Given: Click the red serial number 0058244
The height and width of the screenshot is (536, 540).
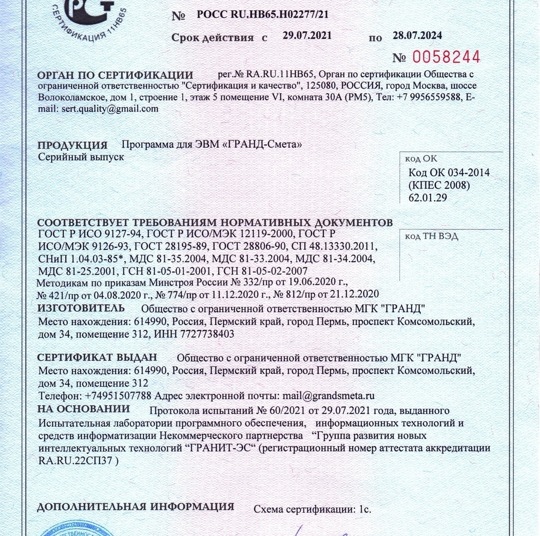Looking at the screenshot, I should (445, 57).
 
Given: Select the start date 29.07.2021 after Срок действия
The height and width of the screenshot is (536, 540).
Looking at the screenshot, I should (307, 36).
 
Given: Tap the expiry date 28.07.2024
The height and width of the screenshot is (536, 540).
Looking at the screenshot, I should (417, 36).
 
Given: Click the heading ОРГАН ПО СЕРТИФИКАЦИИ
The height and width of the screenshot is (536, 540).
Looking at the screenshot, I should (115, 75).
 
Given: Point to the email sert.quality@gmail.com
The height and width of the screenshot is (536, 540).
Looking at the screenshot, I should (110, 109).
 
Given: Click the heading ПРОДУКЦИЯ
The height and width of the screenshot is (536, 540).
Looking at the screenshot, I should (72, 145).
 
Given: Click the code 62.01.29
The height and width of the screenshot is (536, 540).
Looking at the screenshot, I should (428, 197).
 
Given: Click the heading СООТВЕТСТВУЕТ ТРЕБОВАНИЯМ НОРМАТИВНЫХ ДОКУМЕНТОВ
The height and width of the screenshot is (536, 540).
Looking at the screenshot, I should (216, 223).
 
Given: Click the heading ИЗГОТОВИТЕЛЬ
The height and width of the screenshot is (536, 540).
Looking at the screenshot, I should (81, 308).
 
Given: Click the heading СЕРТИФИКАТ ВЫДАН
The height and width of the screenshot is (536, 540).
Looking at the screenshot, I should (98, 356).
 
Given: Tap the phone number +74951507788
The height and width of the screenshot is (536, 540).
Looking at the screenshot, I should (118, 396).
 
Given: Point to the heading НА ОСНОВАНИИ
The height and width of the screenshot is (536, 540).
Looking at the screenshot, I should (84, 409).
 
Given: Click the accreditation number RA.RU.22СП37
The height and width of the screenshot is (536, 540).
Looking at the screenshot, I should (76, 460).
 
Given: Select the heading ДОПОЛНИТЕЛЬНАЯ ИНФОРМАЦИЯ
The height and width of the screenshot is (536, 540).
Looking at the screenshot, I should (136, 507).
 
